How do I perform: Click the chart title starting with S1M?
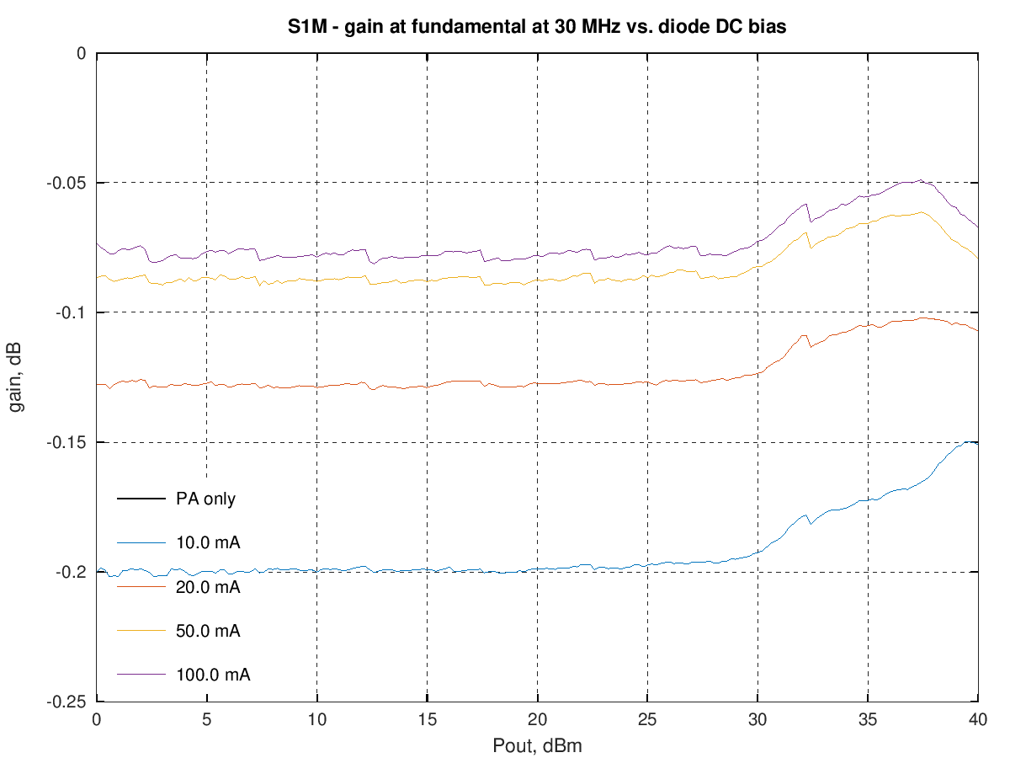point(537,27)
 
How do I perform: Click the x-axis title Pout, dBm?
point(537,746)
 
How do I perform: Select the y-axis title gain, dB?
point(17,377)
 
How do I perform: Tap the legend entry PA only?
point(205,499)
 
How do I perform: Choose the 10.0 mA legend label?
point(208,542)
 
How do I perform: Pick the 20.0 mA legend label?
point(208,586)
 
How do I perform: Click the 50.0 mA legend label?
point(208,630)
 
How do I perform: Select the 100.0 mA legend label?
point(213,674)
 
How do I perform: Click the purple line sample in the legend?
point(140,674)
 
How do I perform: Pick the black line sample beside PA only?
point(140,499)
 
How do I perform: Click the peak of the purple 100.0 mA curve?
point(921,180)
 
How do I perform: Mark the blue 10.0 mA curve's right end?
point(977,442)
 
